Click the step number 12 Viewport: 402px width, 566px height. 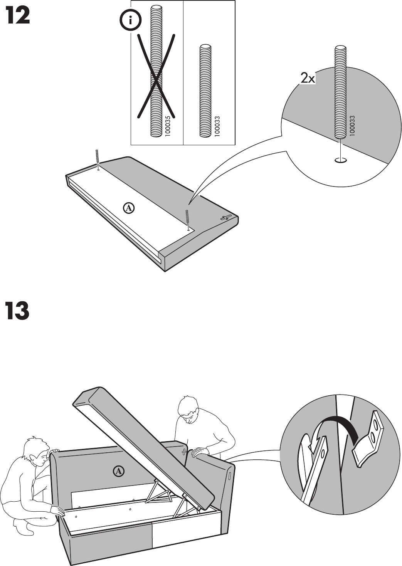[17, 17]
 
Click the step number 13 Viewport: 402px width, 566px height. [17, 311]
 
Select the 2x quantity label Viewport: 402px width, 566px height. [308, 79]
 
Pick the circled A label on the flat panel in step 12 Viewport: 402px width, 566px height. [129, 208]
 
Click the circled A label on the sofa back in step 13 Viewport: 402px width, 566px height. [119, 471]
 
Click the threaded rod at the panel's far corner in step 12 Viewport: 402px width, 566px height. [97, 157]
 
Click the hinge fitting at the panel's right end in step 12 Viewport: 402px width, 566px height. [226, 217]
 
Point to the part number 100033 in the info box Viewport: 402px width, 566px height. [217, 126]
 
